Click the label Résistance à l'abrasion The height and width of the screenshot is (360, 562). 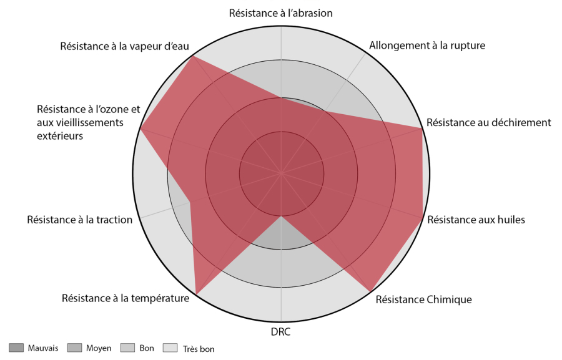coord(281,12)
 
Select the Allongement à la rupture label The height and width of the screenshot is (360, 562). coord(427,45)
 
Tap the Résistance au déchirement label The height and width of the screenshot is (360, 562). coord(488,122)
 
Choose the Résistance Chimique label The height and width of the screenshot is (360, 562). coord(423,299)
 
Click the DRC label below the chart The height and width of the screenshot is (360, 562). coord(281,331)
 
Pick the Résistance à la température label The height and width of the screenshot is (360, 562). coord(126,298)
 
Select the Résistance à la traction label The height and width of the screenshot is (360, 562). coord(80,219)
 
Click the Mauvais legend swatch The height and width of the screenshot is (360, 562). coord(16,348)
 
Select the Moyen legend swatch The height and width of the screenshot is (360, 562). coord(74,348)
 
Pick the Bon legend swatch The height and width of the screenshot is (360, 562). coord(127,348)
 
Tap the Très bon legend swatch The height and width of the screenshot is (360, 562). coord(170,348)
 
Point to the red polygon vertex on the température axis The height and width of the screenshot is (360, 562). coord(197,293)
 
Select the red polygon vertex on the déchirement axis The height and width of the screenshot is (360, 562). coord(422,128)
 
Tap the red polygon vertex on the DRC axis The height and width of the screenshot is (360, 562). coord(281,216)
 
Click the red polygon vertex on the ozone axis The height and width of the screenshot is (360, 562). coord(140,129)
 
